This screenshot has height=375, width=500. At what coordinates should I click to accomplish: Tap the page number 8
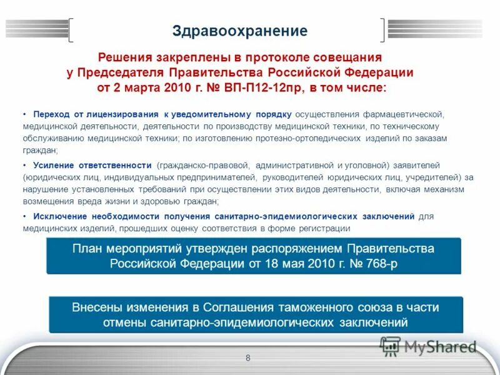[x=248, y=358]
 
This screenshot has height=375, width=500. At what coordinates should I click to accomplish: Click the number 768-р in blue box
[x=375, y=264]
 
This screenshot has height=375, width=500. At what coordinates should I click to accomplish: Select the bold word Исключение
[x=60, y=216]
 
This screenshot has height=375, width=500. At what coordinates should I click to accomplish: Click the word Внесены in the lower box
[x=95, y=307]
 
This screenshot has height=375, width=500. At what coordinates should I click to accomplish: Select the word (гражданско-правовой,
[x=204, y=166]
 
